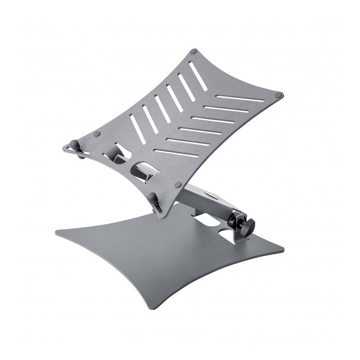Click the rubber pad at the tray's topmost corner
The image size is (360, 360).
pyautogui.click(x=193, y=52)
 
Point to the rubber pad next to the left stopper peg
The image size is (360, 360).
pyautogui.click(x=97, y=134)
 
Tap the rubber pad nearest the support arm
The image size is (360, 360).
pyautogui.click(x=178, y=184)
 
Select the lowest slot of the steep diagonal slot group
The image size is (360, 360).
pyautogui.click(x=137, y=129)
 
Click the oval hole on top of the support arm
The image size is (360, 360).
pyautogui.click(x=211, y=197)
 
